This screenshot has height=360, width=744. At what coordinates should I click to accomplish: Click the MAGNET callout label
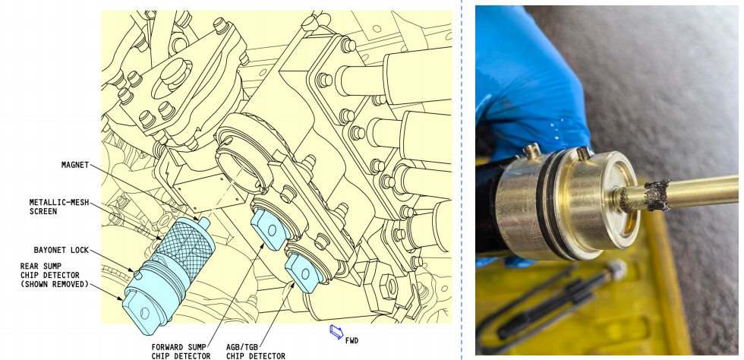point(75,166)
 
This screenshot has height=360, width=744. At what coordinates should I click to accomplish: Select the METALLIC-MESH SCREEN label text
point(59,207)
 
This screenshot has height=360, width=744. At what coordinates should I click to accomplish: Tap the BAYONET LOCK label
point(61,251)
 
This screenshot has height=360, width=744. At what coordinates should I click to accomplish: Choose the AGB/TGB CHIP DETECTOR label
point(256,352)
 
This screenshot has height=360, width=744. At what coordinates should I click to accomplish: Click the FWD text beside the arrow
point(352,340)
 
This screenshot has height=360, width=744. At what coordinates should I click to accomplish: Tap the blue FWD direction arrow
point(336,332)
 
